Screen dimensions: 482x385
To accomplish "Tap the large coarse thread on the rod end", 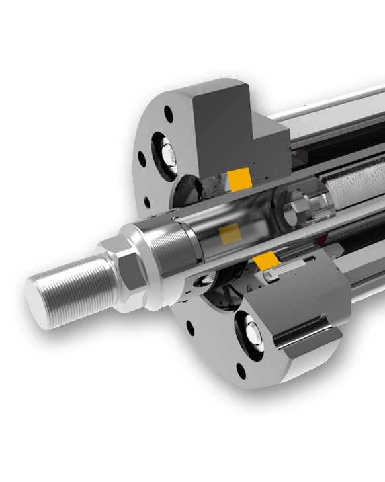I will [x=73, y=285].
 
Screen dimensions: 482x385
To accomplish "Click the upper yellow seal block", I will [x=239, y=178].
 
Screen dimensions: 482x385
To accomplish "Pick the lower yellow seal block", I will [x=267, y=261].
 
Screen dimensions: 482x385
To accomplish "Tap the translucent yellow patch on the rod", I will [x=230, y=233].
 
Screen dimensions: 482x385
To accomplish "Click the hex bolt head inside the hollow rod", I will [x=295, y=213].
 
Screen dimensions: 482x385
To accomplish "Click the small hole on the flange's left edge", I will [x=142, y=159].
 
